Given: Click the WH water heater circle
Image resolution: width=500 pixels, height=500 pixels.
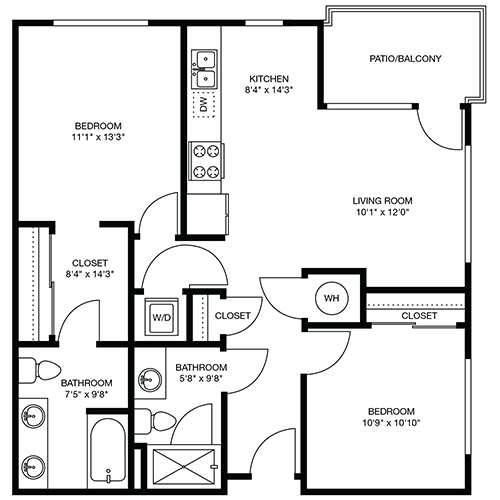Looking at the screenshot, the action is (332, 298).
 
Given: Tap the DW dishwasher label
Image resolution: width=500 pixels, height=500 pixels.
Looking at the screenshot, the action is (203, 104).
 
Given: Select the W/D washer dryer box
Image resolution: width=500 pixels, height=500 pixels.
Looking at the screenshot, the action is (161, 317).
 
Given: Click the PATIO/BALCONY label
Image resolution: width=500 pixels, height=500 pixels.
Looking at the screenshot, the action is (405, 59).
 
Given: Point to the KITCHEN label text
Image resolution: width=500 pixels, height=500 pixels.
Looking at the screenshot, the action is (269, 79).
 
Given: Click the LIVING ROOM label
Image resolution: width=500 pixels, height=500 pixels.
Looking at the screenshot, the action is (382, 201).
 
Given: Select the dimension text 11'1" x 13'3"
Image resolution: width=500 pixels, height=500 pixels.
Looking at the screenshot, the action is (98, 137).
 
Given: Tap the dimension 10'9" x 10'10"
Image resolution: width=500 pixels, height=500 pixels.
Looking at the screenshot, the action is (391, 423).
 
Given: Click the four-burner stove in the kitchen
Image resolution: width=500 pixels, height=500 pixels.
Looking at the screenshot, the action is (206, 161).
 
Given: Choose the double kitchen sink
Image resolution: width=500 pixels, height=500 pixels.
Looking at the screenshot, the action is (204, 69).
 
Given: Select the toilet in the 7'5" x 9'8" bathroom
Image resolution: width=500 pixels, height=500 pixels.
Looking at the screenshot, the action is (39, 371).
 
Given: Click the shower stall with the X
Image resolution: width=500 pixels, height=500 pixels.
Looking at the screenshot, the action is (184, 466).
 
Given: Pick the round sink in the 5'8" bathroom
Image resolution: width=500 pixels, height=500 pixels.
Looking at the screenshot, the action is (150, 380).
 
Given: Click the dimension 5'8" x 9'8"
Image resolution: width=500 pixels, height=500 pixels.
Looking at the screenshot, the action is (201, 378).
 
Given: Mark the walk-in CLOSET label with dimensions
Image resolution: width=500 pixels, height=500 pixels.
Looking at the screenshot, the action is (90, 268).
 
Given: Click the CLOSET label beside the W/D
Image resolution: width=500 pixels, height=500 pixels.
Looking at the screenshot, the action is (232, 315).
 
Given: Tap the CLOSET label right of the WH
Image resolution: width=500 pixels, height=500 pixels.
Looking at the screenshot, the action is (419, 315).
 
